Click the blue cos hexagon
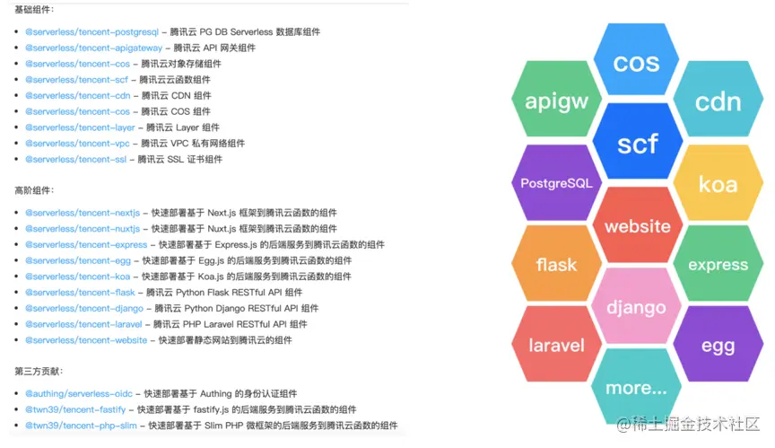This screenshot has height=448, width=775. (x=637, y=63)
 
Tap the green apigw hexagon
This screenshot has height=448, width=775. (x=556, y=101)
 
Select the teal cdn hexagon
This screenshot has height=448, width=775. (x=718, y=101)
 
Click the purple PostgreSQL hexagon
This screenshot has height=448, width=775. (x=556, y=183)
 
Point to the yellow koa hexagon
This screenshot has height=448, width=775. (x=718, y=184)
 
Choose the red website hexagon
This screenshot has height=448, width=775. (x=638, y=225)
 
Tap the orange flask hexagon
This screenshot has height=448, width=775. (x=556, y=265)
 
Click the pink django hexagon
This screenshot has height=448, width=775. (x=636, y=306)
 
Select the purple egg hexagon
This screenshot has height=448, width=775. (x=718, y=345)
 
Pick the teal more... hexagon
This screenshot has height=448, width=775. (x=636, y=387)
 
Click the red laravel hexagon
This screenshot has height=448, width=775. (x=556, y=345)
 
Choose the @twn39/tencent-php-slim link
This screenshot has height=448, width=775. (x=81, y=426)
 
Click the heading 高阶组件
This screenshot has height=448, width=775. (x=34, y=190)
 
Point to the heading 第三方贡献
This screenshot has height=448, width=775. (x=38, y=371)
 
